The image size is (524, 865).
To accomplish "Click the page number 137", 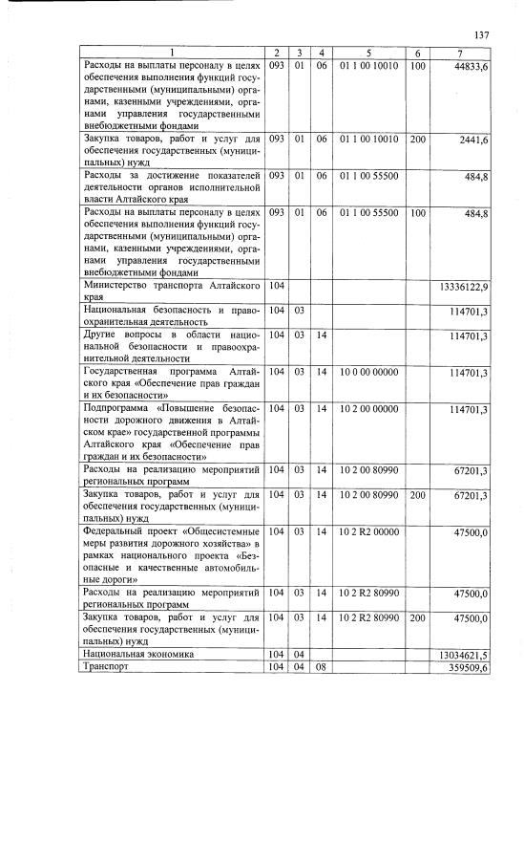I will (481, 35).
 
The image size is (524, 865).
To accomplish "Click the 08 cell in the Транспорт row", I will (323, 668).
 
